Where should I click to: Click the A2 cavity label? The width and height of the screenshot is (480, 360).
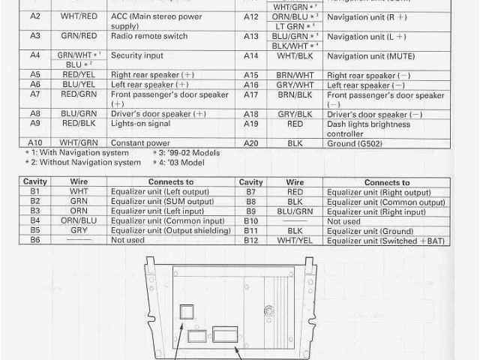click(35, 16)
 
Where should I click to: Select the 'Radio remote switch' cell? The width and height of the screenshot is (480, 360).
click(148, 35)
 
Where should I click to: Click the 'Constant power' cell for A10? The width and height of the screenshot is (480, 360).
click(140, 142)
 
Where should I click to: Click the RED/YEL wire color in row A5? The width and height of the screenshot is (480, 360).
click(79, 75)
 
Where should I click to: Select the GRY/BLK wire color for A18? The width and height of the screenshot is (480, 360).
click(295, 114)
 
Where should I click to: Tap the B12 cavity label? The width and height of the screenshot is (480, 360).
click(250, 240)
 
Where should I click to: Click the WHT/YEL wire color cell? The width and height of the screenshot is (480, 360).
click(295, 240)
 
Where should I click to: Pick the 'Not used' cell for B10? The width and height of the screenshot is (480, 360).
click(343, 221)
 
